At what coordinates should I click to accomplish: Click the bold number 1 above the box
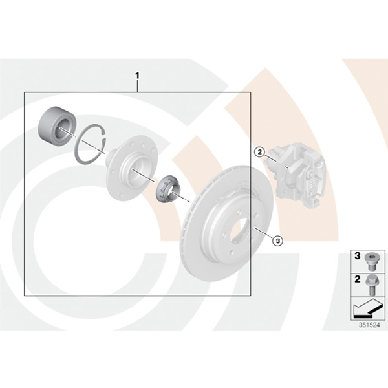(137, 76)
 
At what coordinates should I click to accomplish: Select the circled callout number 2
(259, 152)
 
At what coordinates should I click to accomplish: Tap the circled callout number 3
(277, 241)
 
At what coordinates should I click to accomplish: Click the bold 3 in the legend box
(358, 256)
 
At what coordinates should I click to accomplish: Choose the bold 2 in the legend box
(358, 279)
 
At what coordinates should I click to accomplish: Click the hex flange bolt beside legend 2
(371, 285)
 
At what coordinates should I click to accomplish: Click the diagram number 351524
(369, 325)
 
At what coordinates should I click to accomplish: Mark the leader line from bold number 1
(138, 86)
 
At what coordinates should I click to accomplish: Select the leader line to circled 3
(263, 233)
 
